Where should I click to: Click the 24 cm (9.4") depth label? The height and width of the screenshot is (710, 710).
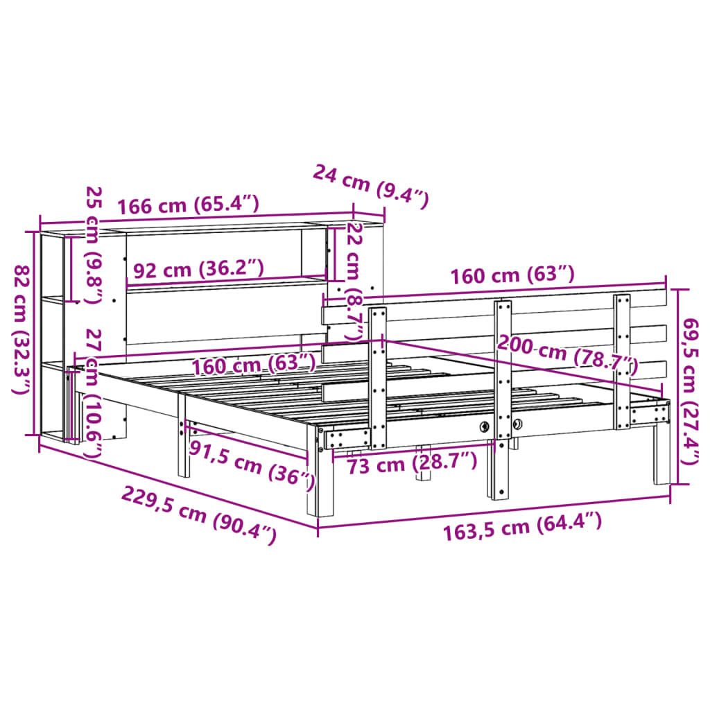click(x=371, y=186)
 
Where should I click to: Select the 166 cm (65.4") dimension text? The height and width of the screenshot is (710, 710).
click(x=188, y=206)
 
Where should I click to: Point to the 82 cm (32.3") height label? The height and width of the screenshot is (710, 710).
click(x=22, y=330)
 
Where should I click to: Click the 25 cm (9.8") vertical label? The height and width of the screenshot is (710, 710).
click(x=93, y=245)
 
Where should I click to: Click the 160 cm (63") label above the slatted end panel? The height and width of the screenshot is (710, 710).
click(x=512, y=275)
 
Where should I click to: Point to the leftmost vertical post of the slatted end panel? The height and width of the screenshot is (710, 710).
click(x=378, y=378)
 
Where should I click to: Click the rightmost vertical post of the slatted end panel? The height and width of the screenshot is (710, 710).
click(x=622, y=361)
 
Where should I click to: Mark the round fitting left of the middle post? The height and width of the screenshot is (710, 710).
click(x=485, y=426)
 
